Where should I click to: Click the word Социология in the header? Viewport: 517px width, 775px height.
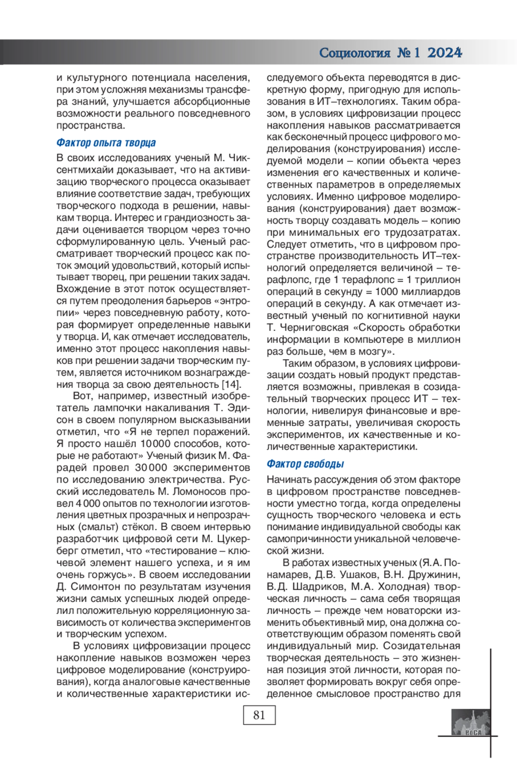click(355, 53)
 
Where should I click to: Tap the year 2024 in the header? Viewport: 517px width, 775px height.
click(445, 53)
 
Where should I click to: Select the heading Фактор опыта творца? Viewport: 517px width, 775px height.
click(106, 142)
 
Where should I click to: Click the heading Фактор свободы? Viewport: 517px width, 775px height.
click(305, 464)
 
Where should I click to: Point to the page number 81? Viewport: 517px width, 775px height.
click(259, 715)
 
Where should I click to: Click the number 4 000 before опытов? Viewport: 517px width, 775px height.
click(87, 503)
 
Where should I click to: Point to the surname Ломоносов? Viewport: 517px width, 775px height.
click(199, 491)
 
